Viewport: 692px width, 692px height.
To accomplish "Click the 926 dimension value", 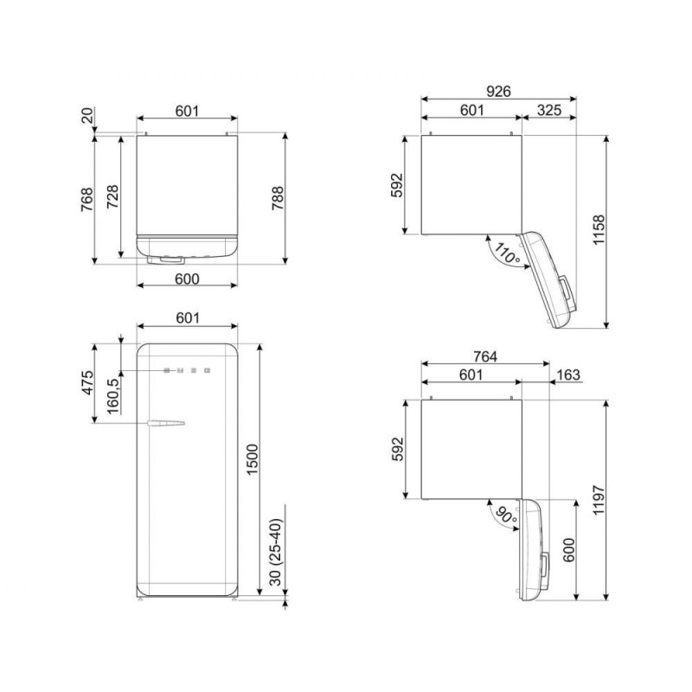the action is point(498,92).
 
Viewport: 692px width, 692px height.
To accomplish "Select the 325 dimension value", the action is point(549,110).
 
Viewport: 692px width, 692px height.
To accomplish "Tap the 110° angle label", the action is point(507,253).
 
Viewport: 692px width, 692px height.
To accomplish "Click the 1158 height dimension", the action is point(599,230).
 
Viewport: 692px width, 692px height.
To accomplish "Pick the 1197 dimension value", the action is point(599,500).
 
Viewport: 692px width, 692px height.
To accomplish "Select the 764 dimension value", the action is point(485,356).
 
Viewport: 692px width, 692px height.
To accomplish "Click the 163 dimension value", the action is point(568,375).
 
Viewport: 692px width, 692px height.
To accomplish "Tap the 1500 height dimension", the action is point(252,459).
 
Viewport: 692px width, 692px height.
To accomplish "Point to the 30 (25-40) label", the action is point(275,552).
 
